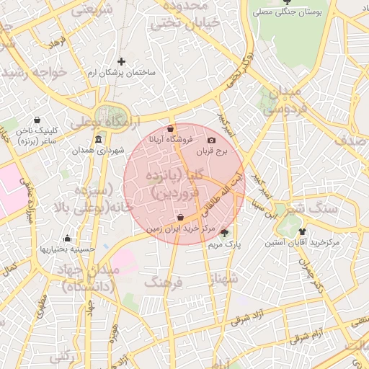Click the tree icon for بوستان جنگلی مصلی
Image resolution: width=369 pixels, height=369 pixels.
click(x=288, y=2)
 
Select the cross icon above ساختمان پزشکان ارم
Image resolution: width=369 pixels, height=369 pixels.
click(x=121, y=61)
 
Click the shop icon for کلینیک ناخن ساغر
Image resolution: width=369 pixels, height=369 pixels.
click(x=37, y=120)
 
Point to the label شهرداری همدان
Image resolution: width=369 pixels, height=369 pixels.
click(x=98, y=151)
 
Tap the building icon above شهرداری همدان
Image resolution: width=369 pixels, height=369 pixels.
click(x=98, y=139)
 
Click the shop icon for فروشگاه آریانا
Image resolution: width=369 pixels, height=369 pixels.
click(x=170, y=129)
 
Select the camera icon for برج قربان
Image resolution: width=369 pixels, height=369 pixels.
click(x=211, y=140)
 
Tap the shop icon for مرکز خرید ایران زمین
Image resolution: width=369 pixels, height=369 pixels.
click(x=179, y=218)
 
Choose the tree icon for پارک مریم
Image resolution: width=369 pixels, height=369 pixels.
click(x=224, y=232)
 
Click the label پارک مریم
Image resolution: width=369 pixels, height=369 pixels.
click(x=224, y=244)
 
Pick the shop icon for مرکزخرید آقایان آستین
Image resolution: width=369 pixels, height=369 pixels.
click(x=301, y=231)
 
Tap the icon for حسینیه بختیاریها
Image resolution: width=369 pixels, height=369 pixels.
click(x=68, y=238)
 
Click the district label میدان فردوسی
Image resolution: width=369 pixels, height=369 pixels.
click(x=280, y=101)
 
